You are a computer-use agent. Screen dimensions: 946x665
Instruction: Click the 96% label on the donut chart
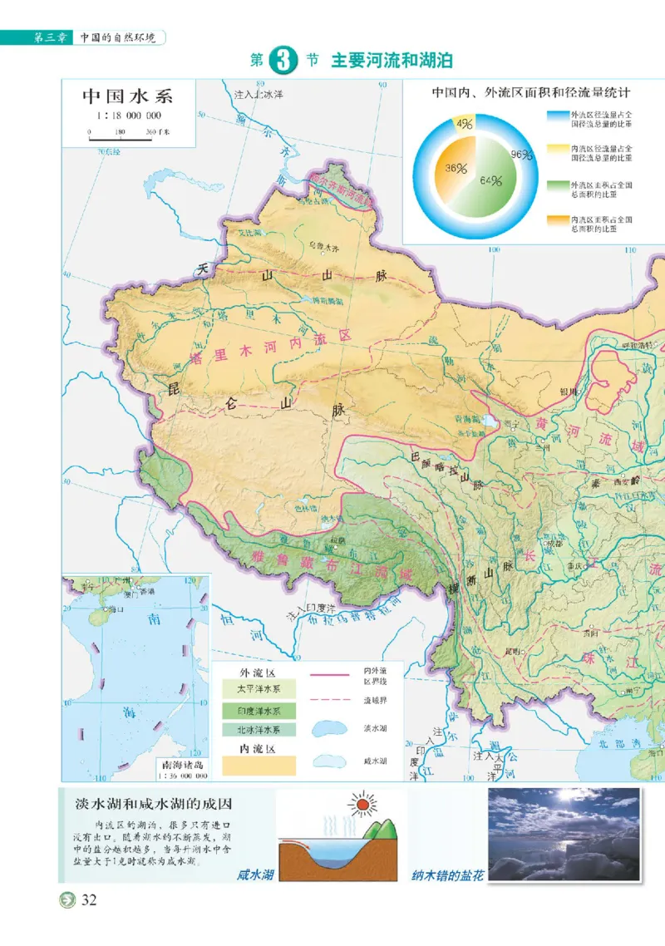521,154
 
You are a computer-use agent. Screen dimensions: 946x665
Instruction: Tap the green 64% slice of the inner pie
490,180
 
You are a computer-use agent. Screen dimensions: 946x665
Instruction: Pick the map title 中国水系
132,96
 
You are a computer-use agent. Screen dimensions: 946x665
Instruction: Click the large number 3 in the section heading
283,62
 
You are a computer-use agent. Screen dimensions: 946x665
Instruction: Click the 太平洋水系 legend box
256,689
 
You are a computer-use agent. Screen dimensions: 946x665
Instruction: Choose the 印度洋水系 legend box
256,710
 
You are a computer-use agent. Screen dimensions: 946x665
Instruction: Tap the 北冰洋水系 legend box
256,730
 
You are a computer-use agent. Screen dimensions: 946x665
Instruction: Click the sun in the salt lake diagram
362,806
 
